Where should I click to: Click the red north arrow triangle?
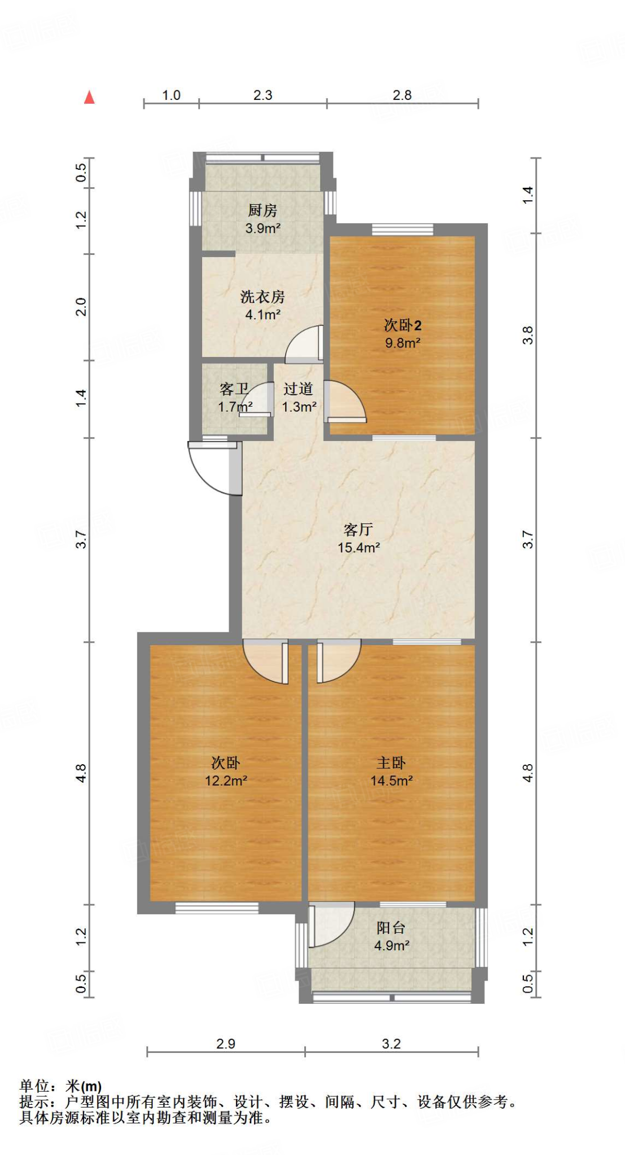click(x=89, y=98)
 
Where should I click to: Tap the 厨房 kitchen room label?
click(x=263, y=211)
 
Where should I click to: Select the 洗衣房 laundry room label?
click(x=263, y=297)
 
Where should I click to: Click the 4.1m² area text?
click(x=263, y=315)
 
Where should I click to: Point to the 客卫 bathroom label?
click(x=234, y=389)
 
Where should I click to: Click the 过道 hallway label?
click(x=298, y=389)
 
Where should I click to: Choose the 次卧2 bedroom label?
click(x=403, y=325)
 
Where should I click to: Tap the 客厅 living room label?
click(x=358, y=530)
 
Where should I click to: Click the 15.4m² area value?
click(x=358, y=548)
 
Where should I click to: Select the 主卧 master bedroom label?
click(x=391, y=763)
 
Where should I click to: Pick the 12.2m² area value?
click(x=226, y=781)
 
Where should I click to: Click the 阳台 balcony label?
click(x=391, y=928)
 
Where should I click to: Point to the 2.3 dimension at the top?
click(x=263, y=95)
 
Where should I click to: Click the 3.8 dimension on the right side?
click(x=527, y=336)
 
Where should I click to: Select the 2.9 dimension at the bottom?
click(x=225, y=1044)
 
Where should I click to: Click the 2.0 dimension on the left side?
click(x=81, y=307)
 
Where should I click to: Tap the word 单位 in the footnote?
click(x=34, y=1086)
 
